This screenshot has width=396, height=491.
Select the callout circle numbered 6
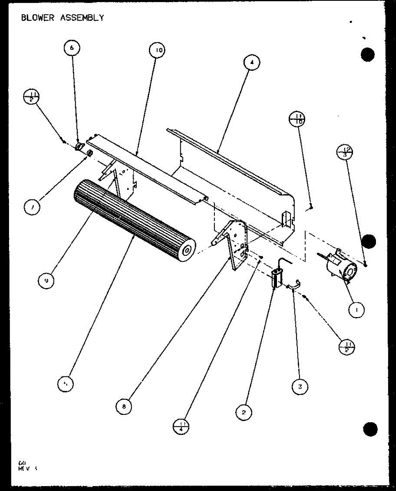pos(72,48)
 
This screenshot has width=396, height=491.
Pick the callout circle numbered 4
pos(252,63)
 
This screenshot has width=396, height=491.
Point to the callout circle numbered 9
pos(46,281)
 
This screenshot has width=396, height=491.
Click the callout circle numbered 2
pos(244,413)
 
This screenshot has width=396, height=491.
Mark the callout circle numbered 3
pos(300,386)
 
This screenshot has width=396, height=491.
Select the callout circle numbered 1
pos(357,311)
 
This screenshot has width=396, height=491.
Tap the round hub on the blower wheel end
pos(188,251)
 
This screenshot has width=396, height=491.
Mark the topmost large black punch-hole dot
pos(368,54)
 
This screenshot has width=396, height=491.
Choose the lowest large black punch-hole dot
pos(370,428)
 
